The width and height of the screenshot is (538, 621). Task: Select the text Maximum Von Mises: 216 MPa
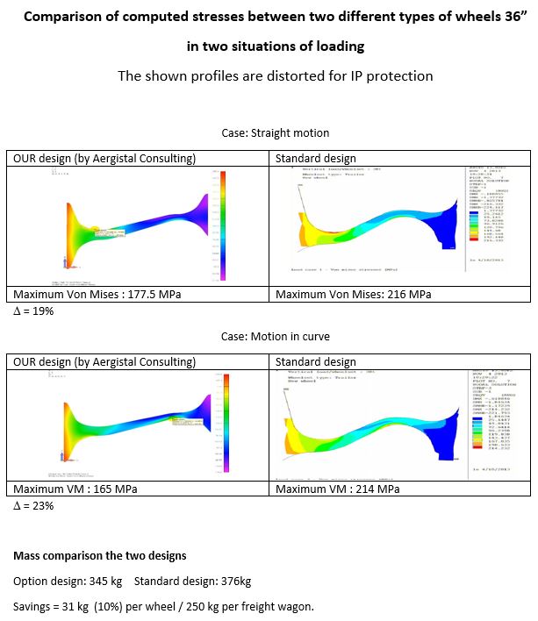(x=353, y=295)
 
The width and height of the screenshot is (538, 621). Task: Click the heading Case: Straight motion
(x=275, y=133)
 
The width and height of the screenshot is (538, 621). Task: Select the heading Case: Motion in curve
(x=275, y=337)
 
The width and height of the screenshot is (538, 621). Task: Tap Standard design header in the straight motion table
(x=316, y=159)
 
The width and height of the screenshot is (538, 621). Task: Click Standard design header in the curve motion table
(x=316, y=361)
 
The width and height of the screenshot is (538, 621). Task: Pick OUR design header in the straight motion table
(x=104, y=159)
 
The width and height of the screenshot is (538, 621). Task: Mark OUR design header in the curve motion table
(x=104, y=361)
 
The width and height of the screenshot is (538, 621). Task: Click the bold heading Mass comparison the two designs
(x=98, y=556)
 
